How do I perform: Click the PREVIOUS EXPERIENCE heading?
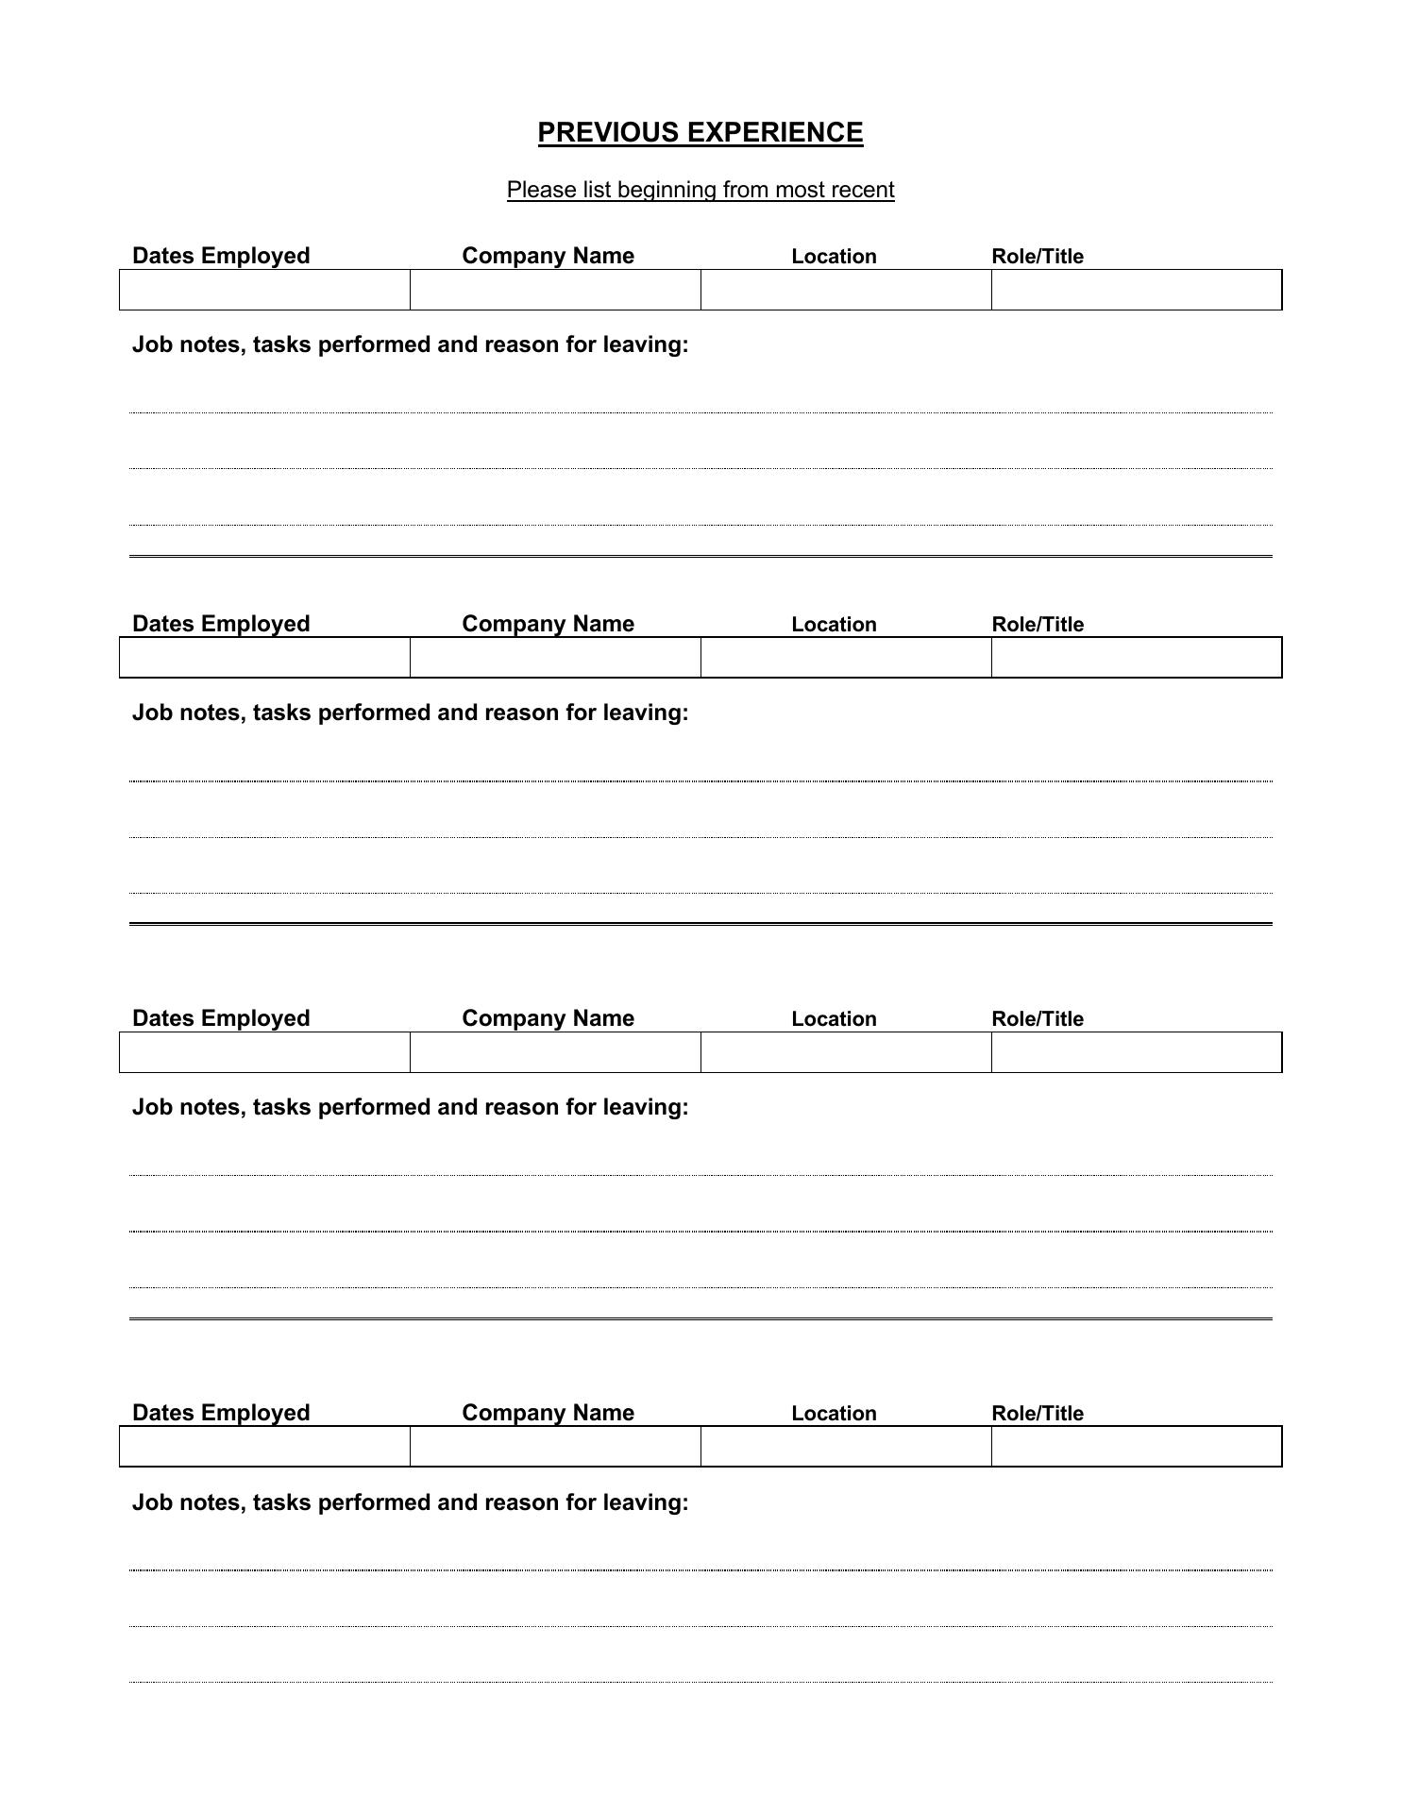click(x=700, y=132)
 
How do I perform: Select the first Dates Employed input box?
click(x=264, y=290)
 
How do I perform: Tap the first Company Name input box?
click(x=555, y=290)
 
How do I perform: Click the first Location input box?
click(x=846, y=290)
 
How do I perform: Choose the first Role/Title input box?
click(x=1136, y=290)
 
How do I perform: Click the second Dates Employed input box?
click(x=264, y=658)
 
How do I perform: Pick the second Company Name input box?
click(x=555, y=658)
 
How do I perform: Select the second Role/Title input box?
click(x=1136, y=658)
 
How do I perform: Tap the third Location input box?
click(x=846, y=1052)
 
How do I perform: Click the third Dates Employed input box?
click(x=264, y=1052)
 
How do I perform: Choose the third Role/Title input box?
click(x=1136, y=1052)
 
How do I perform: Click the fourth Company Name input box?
click(x=555, y=1447)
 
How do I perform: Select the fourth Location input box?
click(x=846, y=1447)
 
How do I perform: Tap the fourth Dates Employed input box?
click(x=264, y=1447)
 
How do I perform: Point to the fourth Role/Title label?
click(x=1037, y=1413)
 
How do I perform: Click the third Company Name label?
click(x=548, y=1018)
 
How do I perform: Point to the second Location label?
click(x=834, y=625)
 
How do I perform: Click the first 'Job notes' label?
click(x=410, y=344)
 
